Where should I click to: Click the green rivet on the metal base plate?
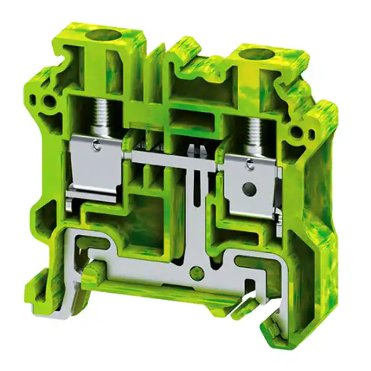(x=198, y=270)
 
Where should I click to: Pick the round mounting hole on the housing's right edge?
(x=296, y=132)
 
